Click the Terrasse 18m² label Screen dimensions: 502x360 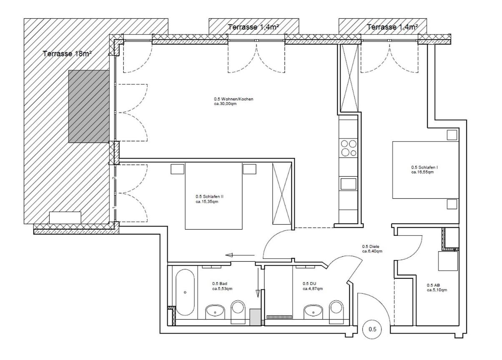click(x=67, y=54)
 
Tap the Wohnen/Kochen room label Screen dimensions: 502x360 click(x=233, y=101)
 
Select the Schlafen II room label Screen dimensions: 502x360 click(x=209, y=199)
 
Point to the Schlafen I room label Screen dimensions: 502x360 click(x=424, y=170)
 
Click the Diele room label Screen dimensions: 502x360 click(x=372, y=249)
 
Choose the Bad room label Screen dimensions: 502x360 click(x=222, y=286)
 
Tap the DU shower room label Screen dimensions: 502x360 click(x=313, y=286)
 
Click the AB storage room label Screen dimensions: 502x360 click(x=437, y=287)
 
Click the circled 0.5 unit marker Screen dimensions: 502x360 click(x=372, y=329)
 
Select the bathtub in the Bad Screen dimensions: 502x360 click(x=185, y=292)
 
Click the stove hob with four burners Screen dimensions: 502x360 click(x=349, y=148)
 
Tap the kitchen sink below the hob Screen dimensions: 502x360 click(x=349, y=184)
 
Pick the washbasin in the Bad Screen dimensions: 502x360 click(x=215, y=312)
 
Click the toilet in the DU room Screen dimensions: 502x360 click(x=336, y=312)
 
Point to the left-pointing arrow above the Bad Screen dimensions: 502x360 click(x=240, y=255)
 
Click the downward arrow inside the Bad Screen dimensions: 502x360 click(x=258, y=282)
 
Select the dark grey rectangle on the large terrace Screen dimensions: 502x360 click(x=89, y=106)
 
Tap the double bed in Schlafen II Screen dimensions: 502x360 click(x=213, y=196)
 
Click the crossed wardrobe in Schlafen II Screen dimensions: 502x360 click(x=282, y=194)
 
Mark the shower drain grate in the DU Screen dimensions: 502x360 click(x=279, y=317)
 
